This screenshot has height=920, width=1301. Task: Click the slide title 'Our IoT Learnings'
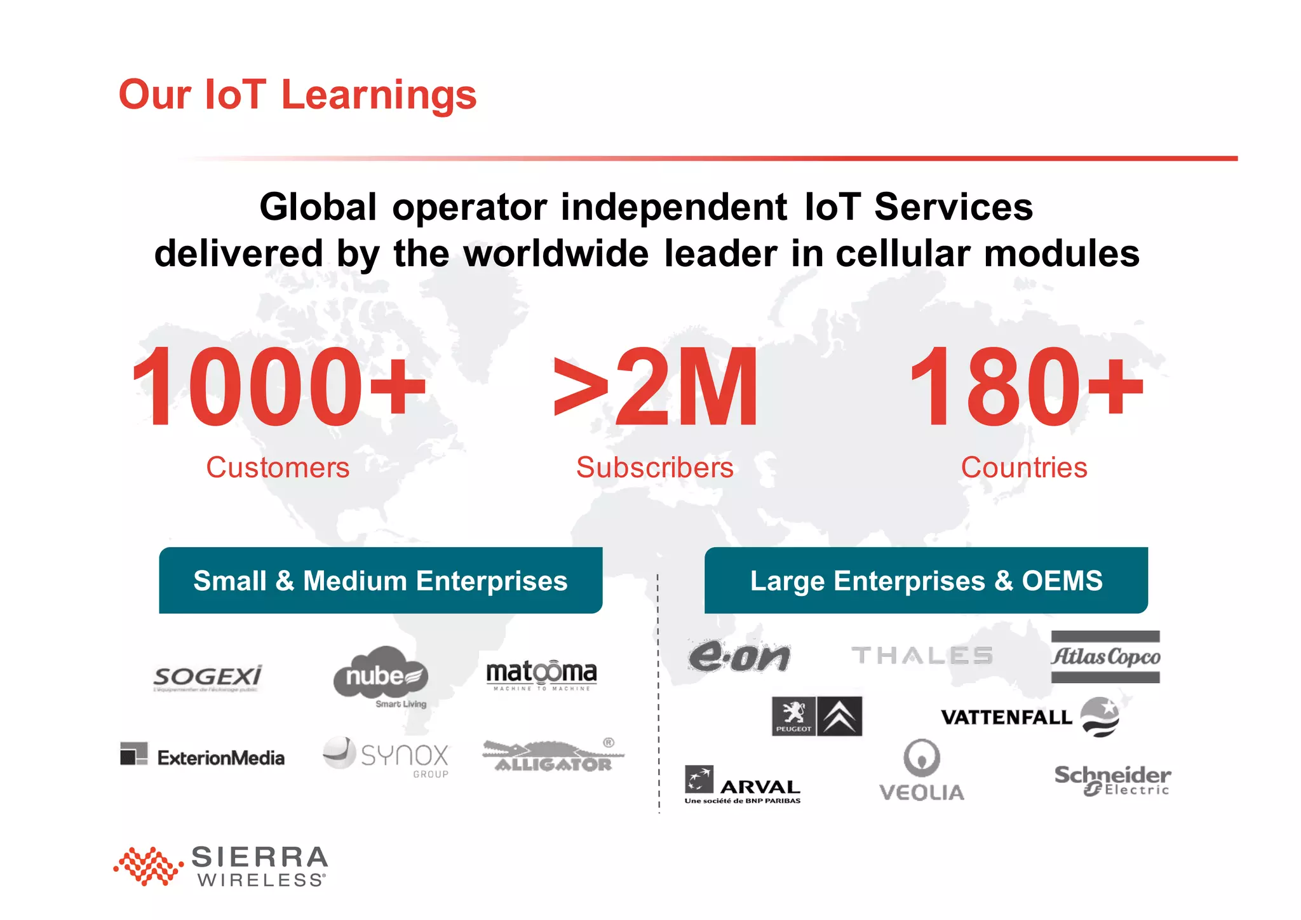point(297,95)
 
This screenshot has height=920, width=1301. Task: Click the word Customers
point(278,468)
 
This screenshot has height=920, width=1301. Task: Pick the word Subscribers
point(655,468)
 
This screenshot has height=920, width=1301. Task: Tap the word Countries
point(1024,468)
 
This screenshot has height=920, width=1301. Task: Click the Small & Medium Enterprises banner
point(381,581)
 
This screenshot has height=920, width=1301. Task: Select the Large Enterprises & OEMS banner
point(926,581)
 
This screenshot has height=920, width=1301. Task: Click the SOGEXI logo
point(208,678)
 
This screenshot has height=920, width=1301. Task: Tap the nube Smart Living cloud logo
point(381,676)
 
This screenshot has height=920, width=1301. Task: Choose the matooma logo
point(541,675)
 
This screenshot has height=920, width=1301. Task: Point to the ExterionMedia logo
point(203,756)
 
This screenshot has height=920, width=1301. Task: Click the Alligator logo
point(553,756)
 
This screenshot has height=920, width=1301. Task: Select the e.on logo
point(739,656)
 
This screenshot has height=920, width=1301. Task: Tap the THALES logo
point(922,655)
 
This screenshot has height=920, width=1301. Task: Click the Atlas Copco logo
point(1105,657)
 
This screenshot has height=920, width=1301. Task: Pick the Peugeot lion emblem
point(793,716)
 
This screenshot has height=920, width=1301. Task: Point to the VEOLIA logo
point(922,771)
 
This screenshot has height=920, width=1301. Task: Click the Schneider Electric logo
point(1112,780)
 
